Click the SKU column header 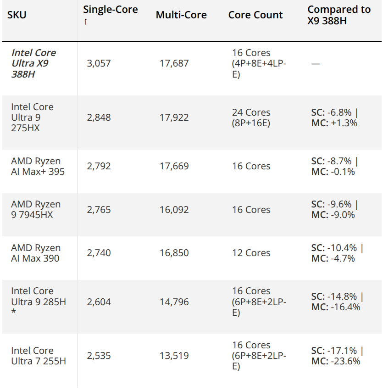point(17,15)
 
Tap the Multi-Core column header point(181,15)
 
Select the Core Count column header point(255,15)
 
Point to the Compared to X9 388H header point(339,15)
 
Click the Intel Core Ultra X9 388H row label point(33,63)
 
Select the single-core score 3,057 point(99,63)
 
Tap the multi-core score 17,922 point(174,117)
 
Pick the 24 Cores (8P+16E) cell point(251,117)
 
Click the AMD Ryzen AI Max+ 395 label point(38,166)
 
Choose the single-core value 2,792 point(99,166)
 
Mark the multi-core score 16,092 point(174,209)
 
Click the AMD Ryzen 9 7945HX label point(35,209)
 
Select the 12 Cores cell point(251,253)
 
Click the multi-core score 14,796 point(174,302)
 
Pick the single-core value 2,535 point(99,356)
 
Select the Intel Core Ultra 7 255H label point(38,356)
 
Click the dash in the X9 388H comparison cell point(316,63)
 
